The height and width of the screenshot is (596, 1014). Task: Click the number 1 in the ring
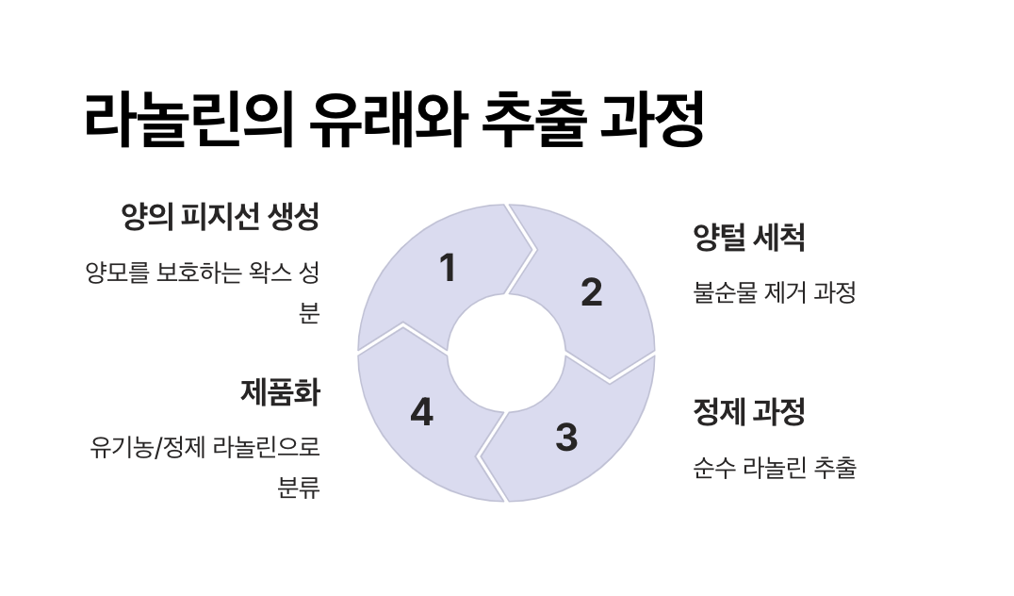pos(449,269)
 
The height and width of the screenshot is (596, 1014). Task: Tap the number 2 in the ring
pos(591,292)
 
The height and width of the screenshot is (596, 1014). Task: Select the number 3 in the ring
pos(565,438)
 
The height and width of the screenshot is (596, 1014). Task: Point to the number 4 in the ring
pos(421,413)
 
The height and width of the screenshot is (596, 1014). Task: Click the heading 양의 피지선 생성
pos(221,218)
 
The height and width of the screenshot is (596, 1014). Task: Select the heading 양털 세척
pos(749,238)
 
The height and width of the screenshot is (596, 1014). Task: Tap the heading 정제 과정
pos(749,412)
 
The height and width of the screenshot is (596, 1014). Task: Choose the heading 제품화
pos(280,392)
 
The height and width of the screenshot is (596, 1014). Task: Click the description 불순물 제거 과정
pos(774,293)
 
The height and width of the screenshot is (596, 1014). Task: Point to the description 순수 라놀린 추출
pos(774,468)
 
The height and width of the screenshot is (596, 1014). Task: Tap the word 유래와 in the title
pos(386,120)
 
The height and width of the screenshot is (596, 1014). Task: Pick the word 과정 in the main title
pos(651,120)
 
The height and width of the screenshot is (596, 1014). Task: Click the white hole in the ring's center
pos(506,354)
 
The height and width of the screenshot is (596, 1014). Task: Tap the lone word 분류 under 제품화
pos(299,489)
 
